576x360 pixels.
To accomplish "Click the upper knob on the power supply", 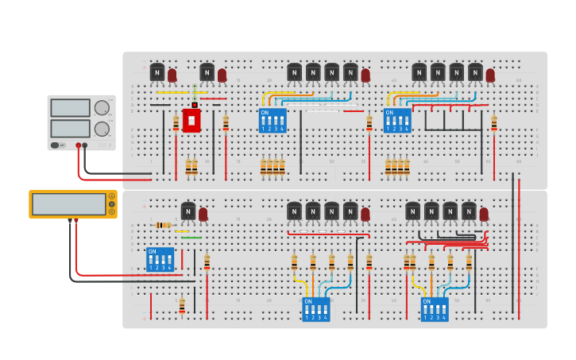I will pyautogui.click(x=102, y=108).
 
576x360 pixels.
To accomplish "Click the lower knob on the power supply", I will pyautogui.click(x=102, y=128).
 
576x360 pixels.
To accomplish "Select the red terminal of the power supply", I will pyautogui.click(x=78, y=145).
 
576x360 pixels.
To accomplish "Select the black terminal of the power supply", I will pyautogui.click(x=85, y=145).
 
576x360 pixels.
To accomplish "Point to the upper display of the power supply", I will pyautogui.click(x=70, y=108).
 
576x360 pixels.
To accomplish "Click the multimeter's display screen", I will pyautogui.click(x=68, y=203).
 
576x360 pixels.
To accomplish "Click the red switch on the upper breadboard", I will pyautogui.click(x=191, y=119).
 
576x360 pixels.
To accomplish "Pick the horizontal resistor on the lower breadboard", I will pyautogui.click(x=163, y=225).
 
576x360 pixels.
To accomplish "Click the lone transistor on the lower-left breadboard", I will pyautogui.click(x=188, y=211).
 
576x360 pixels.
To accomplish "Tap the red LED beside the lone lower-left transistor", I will pyautogui.click(x=203, y=215).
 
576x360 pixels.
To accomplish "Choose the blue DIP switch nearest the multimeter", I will pyautogui.click(x=160, y=259).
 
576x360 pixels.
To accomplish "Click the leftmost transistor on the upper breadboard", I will pyautogui.click(x=157, y=72).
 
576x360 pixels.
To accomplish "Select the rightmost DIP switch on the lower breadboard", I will pyautogui.click(x=435, y=309).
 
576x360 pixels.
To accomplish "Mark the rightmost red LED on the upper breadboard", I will pyautogui.click(x=490, y=75).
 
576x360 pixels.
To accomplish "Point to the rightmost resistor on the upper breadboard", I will pyautogui.click(x=494, y=122).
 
